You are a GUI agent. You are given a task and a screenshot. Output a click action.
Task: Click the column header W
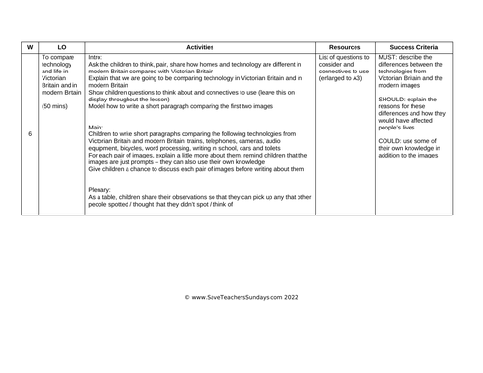pyautogui.click(x=30, y=46)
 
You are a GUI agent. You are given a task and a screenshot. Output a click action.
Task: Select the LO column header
pyautogui.click(x=61, y=46)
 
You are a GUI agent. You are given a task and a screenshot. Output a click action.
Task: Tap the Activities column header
pyautogui.click(x=201, y=46)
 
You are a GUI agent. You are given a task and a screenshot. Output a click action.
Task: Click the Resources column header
pyautogui.click(x=345, y=46)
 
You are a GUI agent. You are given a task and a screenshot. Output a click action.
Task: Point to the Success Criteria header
pyautogui.click(x=412, y=46)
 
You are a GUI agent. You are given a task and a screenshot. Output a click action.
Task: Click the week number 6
pyautogui.click(x=30, y=133)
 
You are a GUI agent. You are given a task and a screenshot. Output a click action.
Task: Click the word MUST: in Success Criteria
pyautogui.click(x=389, y=57)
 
